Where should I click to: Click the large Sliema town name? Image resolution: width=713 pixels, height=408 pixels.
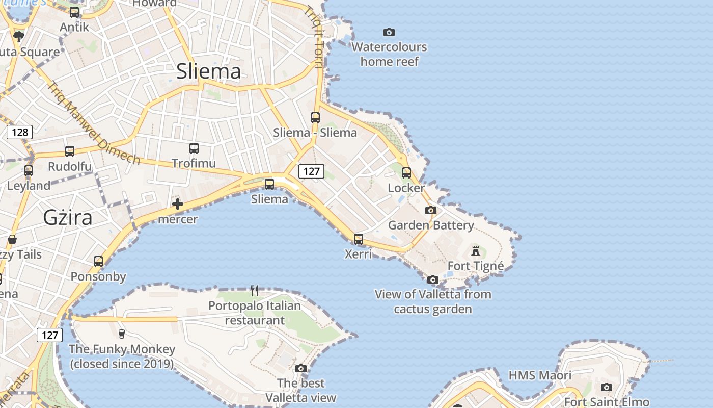point(209,71)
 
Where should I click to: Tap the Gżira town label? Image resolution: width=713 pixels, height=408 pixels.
point(68,218)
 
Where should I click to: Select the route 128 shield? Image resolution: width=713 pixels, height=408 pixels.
point(20,133)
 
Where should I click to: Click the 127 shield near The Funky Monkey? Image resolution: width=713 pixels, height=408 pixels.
point(50,335)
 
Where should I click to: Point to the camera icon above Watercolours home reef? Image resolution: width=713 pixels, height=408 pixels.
point(389,32)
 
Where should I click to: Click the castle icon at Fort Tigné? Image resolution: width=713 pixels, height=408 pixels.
point(476,250)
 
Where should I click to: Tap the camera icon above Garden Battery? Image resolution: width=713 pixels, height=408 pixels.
point(431,210)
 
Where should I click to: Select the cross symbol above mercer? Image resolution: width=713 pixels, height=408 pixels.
point(177,205)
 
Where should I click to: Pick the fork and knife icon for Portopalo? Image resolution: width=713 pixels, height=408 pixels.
point(255,291)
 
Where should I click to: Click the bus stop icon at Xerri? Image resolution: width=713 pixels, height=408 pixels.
point(359,239)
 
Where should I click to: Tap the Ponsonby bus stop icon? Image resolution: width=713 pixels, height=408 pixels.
point(98,262)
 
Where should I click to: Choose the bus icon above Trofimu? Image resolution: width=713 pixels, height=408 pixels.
point(194,148)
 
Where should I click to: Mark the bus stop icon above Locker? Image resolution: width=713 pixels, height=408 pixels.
point(406,173)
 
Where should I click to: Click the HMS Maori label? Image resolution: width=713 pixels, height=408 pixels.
point(540,376)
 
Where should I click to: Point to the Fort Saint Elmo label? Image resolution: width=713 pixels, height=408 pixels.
point(607,402)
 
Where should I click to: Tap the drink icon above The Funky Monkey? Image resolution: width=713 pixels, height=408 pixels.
point(122,334)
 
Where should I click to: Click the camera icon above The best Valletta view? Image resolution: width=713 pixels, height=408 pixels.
point(301,368)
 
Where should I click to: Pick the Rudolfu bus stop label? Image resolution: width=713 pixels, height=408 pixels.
point(70,167)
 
